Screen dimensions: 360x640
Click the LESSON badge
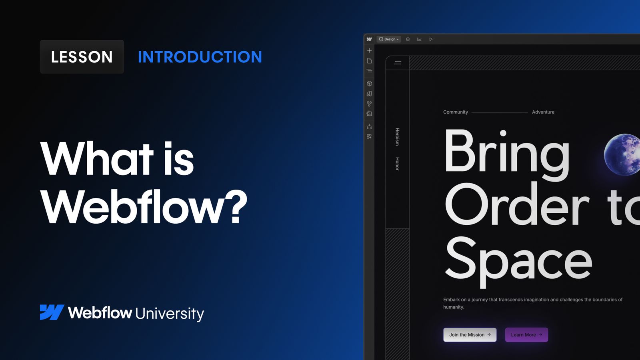(x=82, y=57)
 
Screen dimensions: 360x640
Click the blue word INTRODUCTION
(x=200, y=57)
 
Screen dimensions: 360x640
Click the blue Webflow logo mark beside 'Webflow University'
(x=52, y=312)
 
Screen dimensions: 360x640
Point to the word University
(x=170, y=314)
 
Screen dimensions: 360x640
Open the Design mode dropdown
(x=389, y=39)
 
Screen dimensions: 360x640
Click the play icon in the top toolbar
(x=431, y=39)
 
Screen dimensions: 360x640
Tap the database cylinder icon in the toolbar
(x=408, y=39)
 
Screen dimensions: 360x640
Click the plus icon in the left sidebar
(x=370, y=50)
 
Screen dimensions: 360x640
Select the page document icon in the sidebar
(x=370, y=61)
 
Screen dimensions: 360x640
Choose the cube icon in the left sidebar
(x=370, y=84)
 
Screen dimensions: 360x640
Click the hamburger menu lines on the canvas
(x=398, y=63)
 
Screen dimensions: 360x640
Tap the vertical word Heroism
(x=397, y=136)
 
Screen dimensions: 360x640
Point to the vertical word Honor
(x=397, y=164)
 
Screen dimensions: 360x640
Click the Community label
(x=455, y=112)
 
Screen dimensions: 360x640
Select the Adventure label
(x=543, y=112)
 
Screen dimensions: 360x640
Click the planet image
(x=622, y=154)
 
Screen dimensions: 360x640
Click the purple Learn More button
(x=526, y=335)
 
